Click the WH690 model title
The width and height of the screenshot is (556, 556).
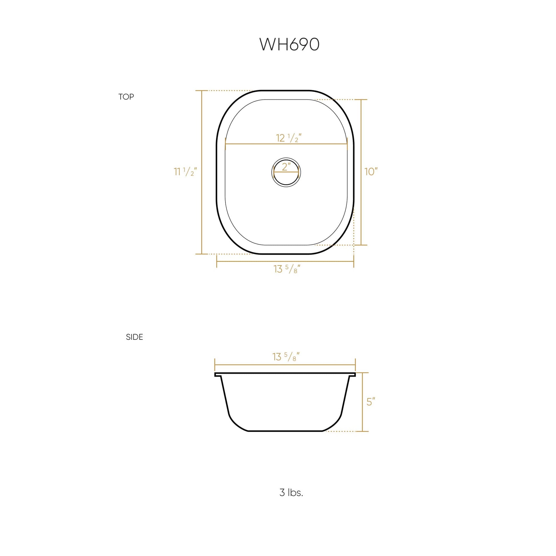pos(289,45)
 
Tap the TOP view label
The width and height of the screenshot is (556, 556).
pos(126,97)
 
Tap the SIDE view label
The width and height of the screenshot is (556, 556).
pos(134,337)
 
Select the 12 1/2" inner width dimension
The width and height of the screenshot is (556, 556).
pos(289,138)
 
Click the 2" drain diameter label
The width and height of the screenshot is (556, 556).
pos(286,167)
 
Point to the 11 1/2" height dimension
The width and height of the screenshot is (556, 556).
pos(185,172)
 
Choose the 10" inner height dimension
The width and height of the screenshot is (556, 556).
pos(371,172)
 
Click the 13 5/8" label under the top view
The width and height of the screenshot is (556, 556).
pos(287,269)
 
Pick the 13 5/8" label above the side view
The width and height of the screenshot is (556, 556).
pos(286,357)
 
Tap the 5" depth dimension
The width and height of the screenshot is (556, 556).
pos(371,402)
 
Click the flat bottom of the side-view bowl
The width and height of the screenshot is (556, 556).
pos(285,431)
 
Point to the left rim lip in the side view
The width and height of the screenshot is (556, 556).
pos(217,374)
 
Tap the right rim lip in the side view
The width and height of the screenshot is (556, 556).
pos(353,374)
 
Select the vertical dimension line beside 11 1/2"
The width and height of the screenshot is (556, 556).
pos(202,201)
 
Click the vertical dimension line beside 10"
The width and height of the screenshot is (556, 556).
pos(361,201)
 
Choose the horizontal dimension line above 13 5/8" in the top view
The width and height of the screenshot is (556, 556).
pos(285,261)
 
